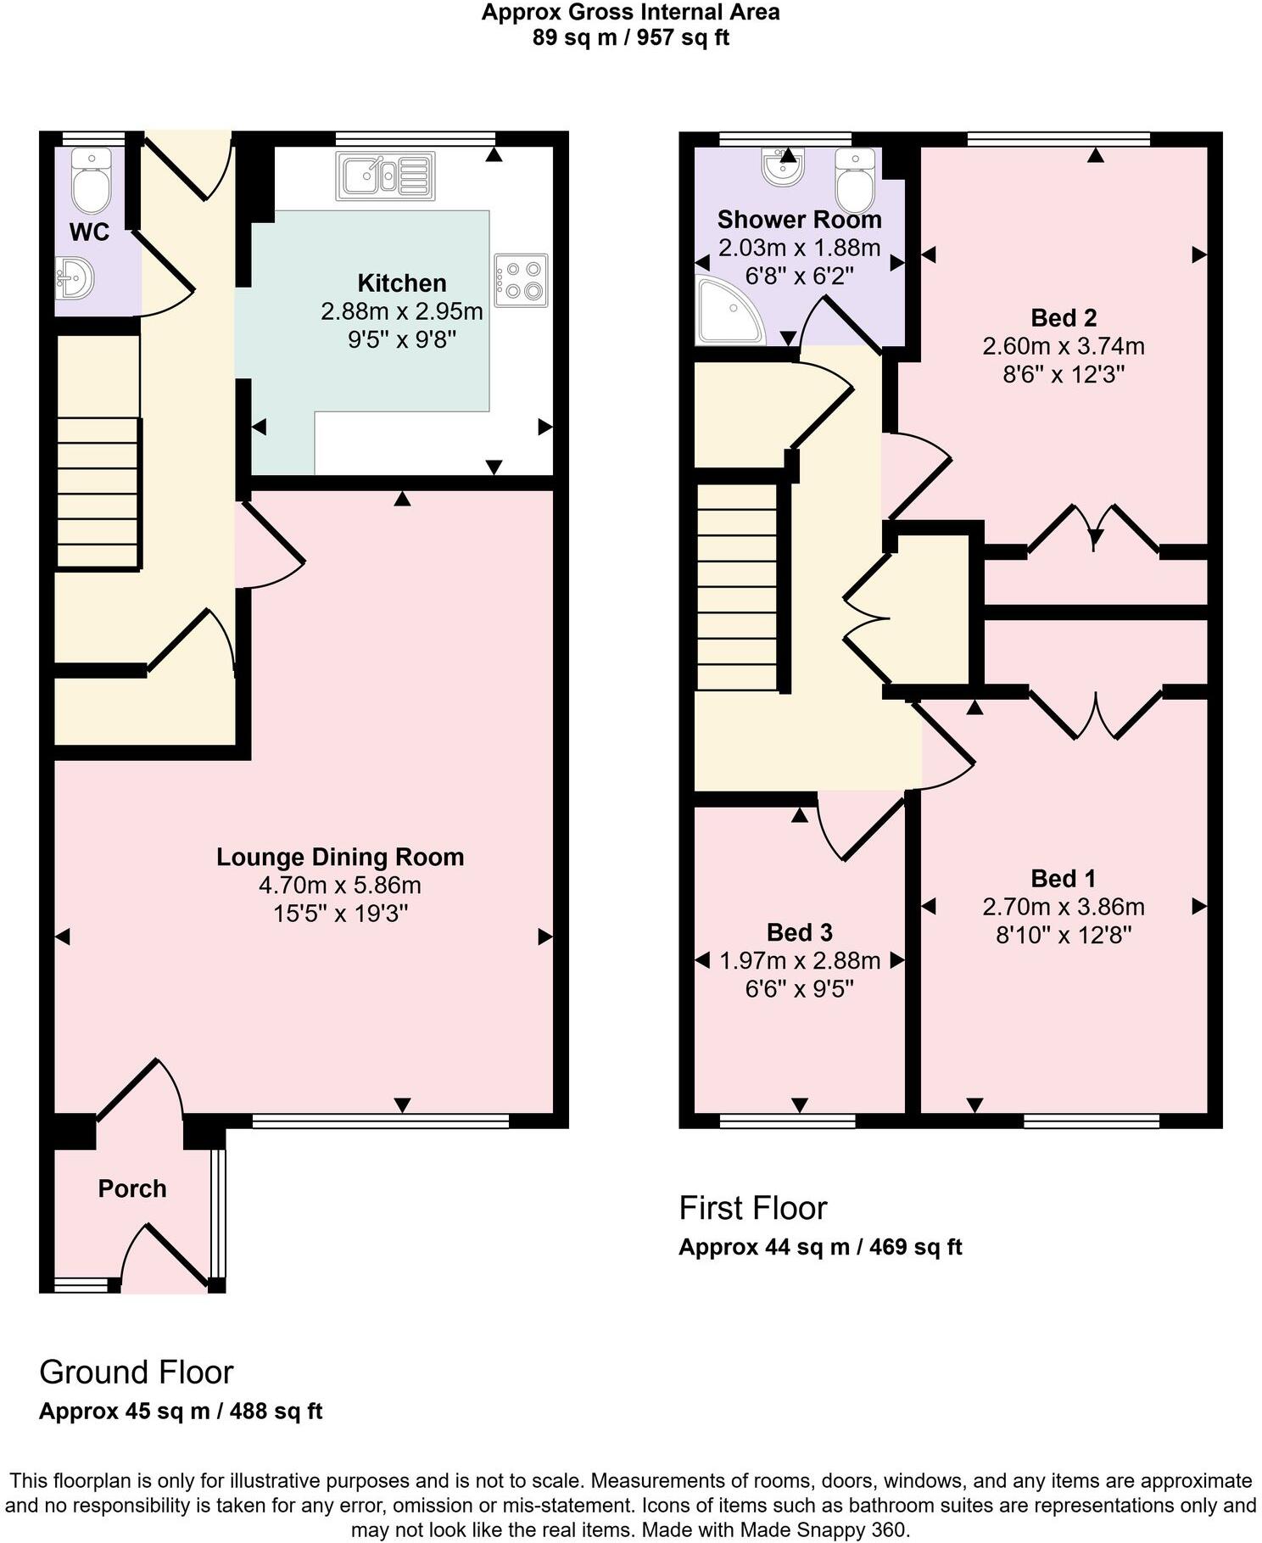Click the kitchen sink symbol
(x=385, y=176)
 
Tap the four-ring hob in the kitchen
(x=521, y=281)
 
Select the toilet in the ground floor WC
(x=91, y=181)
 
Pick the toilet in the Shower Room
(x=854, y=180)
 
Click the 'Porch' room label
(x=132, y=1188)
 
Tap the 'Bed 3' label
(x=799, y=932)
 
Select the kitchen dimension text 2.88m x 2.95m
(x=401, y=311)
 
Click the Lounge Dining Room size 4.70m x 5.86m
(x=339, y=886)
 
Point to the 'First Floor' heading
(x=752, y=1208)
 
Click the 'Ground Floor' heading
(x=136, y=1372)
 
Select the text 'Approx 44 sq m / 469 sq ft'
(x=819, y=1247)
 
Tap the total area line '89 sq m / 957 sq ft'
(x=630, y=37)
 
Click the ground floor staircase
(x=98, y=492)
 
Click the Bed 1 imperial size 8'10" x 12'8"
(x=1064, y=935)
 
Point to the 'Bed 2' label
(x=1064, y=318)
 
